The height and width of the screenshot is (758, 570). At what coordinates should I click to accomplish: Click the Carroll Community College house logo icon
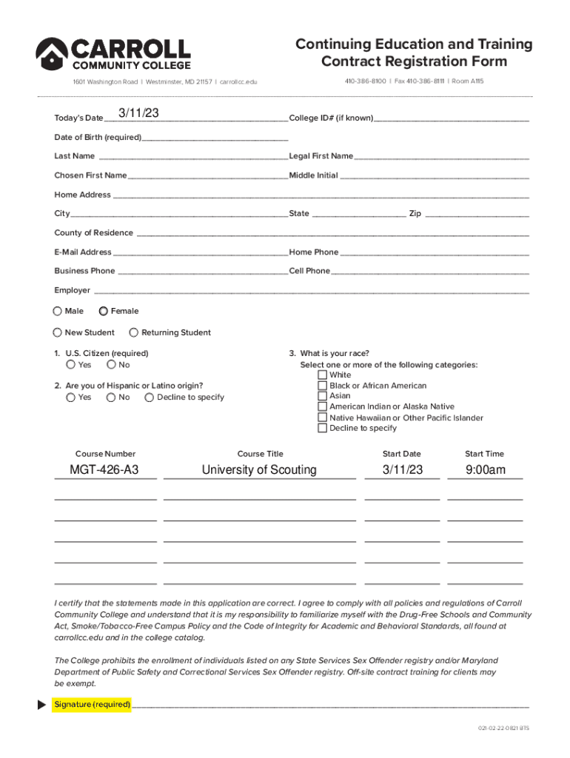coord(52,55)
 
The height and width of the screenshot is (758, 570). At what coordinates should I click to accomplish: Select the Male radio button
coord(58,312)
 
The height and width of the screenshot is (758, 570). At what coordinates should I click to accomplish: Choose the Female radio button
coord(104,312)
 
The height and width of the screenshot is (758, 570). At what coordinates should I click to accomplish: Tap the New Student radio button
coord(58,333)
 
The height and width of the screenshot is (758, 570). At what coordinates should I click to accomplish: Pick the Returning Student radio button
coord(134,333)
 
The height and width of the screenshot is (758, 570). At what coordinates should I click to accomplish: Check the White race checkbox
coord(322,375)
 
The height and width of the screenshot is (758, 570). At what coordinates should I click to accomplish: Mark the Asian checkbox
coord(322,396)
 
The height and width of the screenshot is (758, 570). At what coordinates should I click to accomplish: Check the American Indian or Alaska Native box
coord(322,406)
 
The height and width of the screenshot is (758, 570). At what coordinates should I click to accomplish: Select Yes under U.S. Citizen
coord(70,365)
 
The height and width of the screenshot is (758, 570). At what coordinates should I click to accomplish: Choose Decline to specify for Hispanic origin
coord(150,398)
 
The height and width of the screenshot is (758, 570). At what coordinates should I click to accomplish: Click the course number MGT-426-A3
coord(104,470)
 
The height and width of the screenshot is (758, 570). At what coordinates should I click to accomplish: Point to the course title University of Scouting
coord(259,470)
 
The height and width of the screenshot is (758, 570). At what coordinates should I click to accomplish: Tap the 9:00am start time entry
coord(486,470)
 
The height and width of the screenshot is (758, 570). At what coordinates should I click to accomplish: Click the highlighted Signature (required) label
coord(93,705)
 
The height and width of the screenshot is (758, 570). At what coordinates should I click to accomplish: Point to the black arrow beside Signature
coord(42,705)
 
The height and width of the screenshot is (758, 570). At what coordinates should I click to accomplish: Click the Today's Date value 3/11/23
coord(140,113)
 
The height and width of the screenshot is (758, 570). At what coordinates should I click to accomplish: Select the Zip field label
coord(415,214)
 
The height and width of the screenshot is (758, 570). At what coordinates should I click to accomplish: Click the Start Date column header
coord(401,454)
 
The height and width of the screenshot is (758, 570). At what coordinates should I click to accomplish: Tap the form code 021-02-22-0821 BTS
coord(503,728)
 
